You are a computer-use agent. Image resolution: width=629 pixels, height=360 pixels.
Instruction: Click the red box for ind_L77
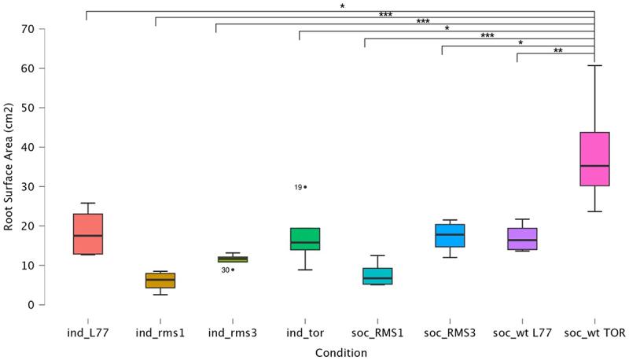(x=87, y=233)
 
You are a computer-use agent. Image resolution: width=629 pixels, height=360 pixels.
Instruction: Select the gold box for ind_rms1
(x=160, y=281)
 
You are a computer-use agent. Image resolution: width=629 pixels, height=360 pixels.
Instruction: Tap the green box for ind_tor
(x=304, y=239)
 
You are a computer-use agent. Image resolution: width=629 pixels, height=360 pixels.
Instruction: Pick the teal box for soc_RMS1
(x=377, y=276)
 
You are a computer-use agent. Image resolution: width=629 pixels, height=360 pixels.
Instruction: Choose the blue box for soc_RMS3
(x=449, y=235)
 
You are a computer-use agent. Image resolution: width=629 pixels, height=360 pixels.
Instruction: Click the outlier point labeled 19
(x=305, y=187)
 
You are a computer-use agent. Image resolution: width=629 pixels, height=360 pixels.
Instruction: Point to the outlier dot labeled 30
(x=233, y=270)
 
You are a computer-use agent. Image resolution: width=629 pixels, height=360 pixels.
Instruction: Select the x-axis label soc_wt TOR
(x=594, y=333)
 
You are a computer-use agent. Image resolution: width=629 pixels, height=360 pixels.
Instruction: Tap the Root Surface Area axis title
(x=9, y=167)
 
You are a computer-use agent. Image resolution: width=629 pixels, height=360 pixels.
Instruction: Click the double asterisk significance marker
(x=557, y=50)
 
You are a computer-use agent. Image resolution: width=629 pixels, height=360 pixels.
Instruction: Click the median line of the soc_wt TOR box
(x=594, y=166)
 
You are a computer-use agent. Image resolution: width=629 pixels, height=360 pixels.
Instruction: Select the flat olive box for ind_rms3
(x=232, y=259)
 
